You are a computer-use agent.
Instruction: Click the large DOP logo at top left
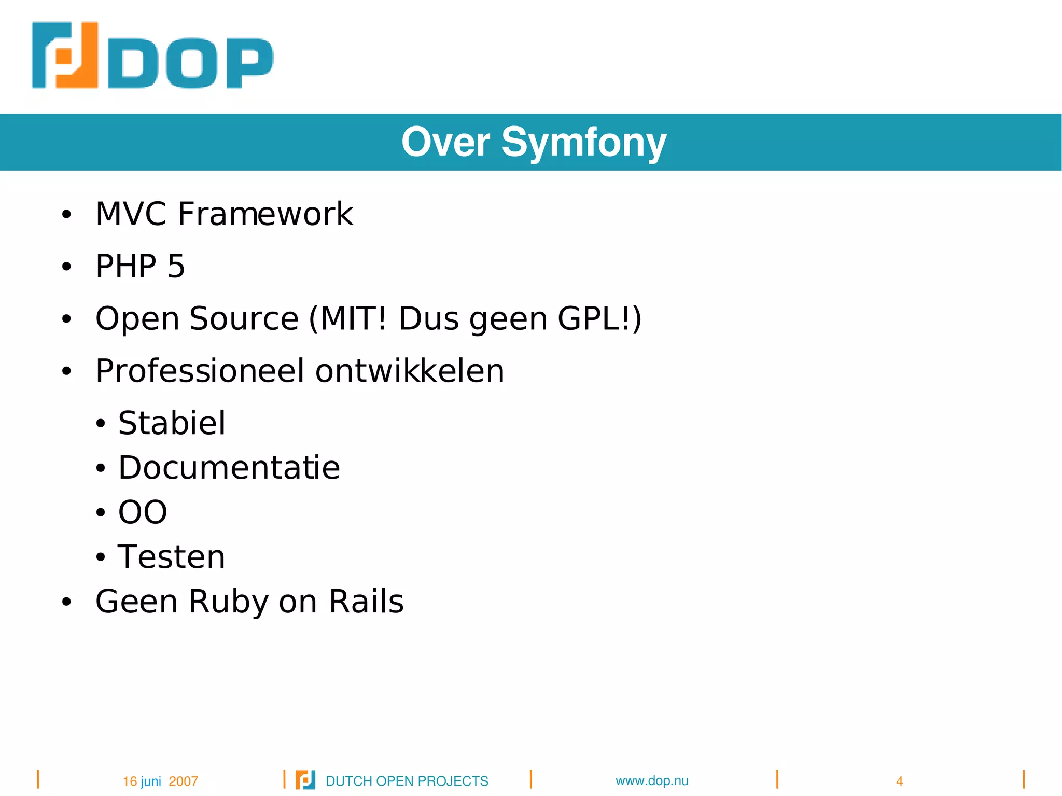(x=152, y=55)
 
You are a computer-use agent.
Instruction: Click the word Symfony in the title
(x=584, y=142)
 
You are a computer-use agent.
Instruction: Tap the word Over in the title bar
(x=445, y=142)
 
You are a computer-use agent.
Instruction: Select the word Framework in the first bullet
(x=265, y=214)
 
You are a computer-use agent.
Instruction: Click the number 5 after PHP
(x=176, y=266)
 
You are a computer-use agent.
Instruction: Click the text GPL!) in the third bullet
(x=599, y=318)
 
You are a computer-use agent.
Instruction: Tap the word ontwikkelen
(x=410, y=371)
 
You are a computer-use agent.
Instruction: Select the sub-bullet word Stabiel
(x=172, y=423)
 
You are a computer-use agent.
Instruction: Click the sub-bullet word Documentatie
(x=229, y=467)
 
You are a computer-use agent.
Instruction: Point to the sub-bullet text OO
(x=143, y=512)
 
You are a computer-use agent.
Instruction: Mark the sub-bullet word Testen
(x=171, y=556)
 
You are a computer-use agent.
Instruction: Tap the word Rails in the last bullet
(x=366, y=602)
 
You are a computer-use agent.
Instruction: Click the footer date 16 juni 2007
(x=160, y=781)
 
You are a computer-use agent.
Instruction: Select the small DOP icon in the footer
(x=305, y=780)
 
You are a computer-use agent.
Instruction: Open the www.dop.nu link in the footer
(x=652, y=780)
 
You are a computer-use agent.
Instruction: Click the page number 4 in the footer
(x=899, y=781)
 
